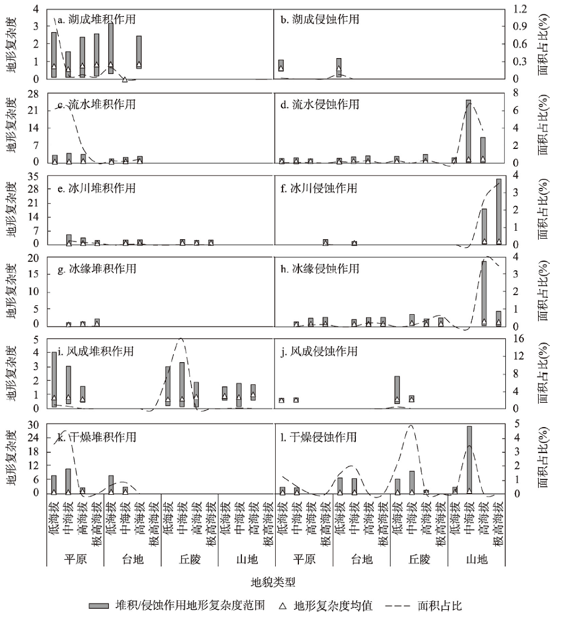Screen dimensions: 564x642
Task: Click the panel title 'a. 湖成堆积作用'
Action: [x=96, y=19]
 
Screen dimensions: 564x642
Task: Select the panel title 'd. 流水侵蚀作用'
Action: [x=320, y=104]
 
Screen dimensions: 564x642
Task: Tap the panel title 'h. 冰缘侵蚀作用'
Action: [x=320, y=269]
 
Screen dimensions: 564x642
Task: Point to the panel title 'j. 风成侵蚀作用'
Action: [x=319, y=351]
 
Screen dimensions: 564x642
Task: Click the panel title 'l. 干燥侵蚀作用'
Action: [x=319, y=437]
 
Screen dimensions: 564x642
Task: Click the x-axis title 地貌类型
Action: [x=273, y=582]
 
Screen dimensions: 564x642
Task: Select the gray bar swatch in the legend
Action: [x=99, y=606]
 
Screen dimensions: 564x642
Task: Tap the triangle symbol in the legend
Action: [x=283, y=606]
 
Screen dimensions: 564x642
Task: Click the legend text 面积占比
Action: [x=439, y=606]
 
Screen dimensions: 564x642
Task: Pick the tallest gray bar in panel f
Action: [x=499, y=212]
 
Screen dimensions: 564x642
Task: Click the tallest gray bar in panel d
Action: [x=469, y=131]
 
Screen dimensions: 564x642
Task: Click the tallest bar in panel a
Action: [x=111, y=49]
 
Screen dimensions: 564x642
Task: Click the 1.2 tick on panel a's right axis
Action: [x=521, y=9]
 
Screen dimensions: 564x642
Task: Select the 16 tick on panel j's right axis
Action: [x=518, y=339]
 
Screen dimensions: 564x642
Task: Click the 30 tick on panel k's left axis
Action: [x=33, y=425]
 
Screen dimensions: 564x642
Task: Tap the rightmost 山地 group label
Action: [x=477, y=559]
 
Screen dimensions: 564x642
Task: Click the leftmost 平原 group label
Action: [x=76, y=559]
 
